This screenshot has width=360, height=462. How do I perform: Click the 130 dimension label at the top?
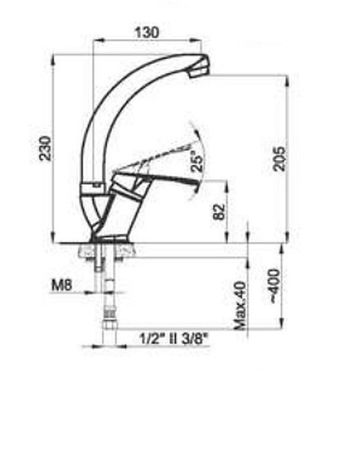point(147,32)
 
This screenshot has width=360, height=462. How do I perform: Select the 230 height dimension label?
point(45,148)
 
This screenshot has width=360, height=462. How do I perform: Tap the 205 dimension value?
point(279,159)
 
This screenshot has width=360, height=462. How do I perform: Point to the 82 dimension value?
point(219,212)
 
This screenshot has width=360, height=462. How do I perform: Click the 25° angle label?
point(197,160)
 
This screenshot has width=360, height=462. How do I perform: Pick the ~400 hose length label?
point(274,285)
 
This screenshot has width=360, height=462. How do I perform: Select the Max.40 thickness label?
point(240,306)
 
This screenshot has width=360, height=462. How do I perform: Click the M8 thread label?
point(62,285)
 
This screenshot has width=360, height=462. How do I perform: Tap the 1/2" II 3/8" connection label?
point(174,339)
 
